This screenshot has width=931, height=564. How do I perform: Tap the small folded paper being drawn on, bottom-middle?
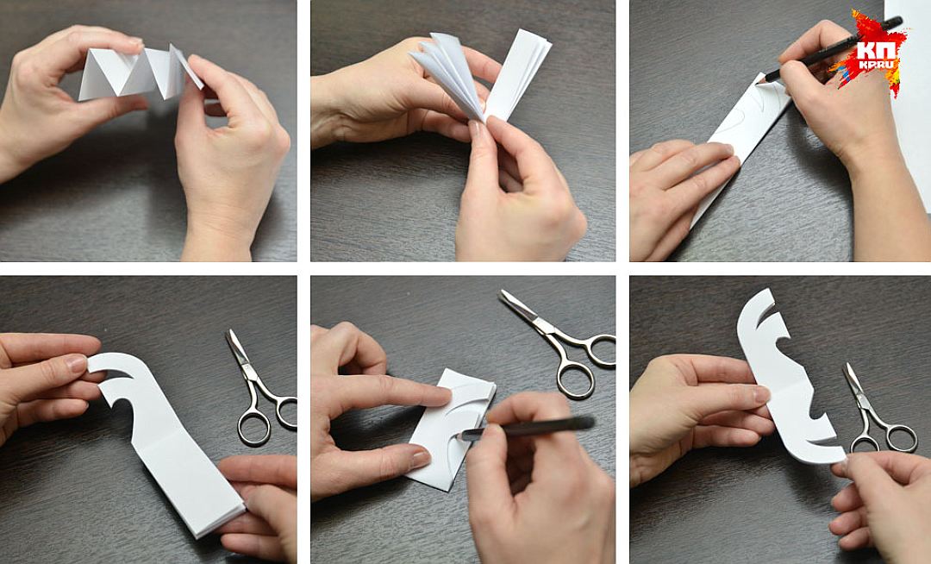point(451,429)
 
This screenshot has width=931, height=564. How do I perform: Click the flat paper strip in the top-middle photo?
point(518,74)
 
